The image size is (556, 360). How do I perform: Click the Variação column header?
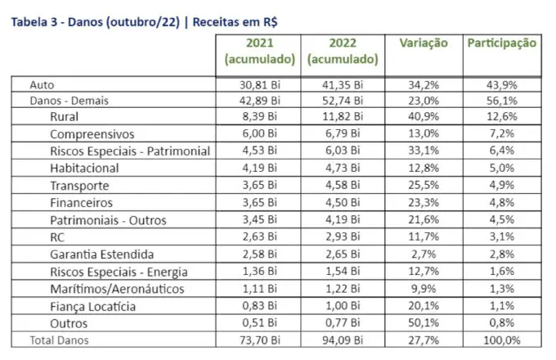pyautogui.click(x=424, y=43)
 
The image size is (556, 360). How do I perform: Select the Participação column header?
pyautogui.click(x=502, y=43)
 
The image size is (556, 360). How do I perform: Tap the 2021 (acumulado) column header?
pyautogui.click(x=259, y=52)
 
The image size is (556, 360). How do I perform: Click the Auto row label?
pyautogui.click(x=42, y=84)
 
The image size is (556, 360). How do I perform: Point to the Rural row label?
pyautogui.click(x=65, y=117)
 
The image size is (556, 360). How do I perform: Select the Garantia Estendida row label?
pyautogui.click(x=101, y=254)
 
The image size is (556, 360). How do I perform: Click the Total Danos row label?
pyautogui.click(x=59, y=340)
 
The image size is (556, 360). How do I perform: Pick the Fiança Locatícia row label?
pyautogui.click(x=92, y=306)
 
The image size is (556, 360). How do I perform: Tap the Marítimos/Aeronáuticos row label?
pyautogui.click(x=117, y=289)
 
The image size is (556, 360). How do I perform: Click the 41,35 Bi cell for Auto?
pyautogui.click(x=343, y=84)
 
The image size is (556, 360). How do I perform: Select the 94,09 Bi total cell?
pyautogui.click(x=343, y=340)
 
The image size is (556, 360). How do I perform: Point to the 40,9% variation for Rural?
pyautogui.click(x=423, y=117)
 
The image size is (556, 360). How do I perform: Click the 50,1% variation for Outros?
pyautogui.click(x=423, y=323)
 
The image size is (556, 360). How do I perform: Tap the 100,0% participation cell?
pyautogui.click(x=501, y=340)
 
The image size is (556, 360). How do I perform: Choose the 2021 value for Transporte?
pyautogui.click(x=259, y=186)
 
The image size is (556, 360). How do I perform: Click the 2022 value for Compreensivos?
pyautogui.click(x=343, y=134)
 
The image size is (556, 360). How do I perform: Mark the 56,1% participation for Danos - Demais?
pyautogui.click(x=501, y=101)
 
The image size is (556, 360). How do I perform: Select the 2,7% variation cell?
pyautogui.click(x=423, y=254)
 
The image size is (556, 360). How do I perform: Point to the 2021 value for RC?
pyautogui.click(x=259, y=237)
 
